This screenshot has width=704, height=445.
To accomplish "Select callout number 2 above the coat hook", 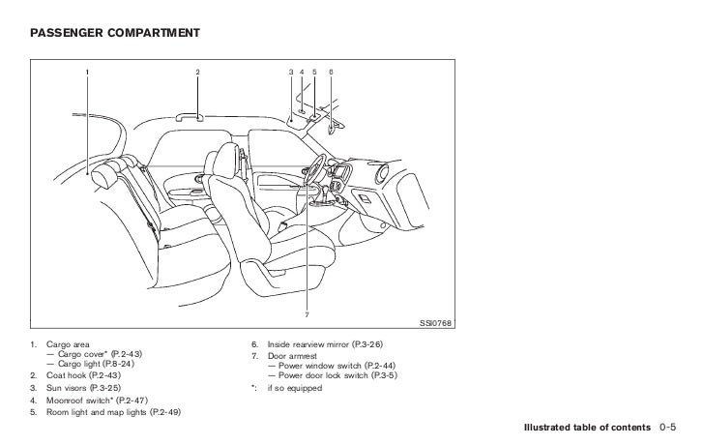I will coord(197,73).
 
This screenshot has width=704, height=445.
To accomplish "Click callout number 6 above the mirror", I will coord(331,73).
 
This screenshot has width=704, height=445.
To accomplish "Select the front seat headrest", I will coord(231,159).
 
